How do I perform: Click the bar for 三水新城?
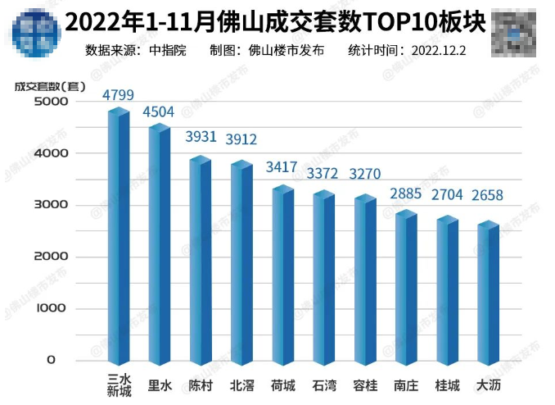(x=119, y=238)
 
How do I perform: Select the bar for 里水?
(x=160, y=246)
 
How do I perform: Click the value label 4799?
(x=118, y=94)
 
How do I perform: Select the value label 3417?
(x=282, y=169)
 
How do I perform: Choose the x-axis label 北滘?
(x=241, y=384)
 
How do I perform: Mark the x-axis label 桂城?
(x=447, y=384)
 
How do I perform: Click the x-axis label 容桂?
(x=365, y=384)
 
